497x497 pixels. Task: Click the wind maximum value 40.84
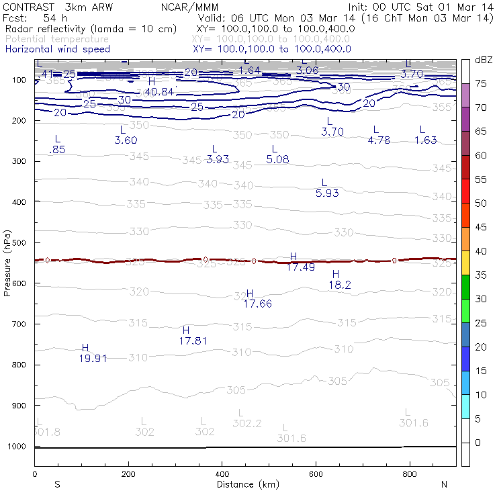[159, 91]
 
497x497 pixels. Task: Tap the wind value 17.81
[193, 341]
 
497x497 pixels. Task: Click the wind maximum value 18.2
[340, 285]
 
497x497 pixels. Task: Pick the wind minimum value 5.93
[327, 193]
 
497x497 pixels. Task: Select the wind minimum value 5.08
[277, 159]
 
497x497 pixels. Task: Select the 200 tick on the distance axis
[128, 474]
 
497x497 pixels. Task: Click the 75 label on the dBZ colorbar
[481, 83]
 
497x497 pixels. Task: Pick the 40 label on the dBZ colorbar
[481, 251]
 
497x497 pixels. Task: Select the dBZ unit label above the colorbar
[483, 60]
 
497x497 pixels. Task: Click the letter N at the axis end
[444, 484]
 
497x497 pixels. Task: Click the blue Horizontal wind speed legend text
[57, 49]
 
